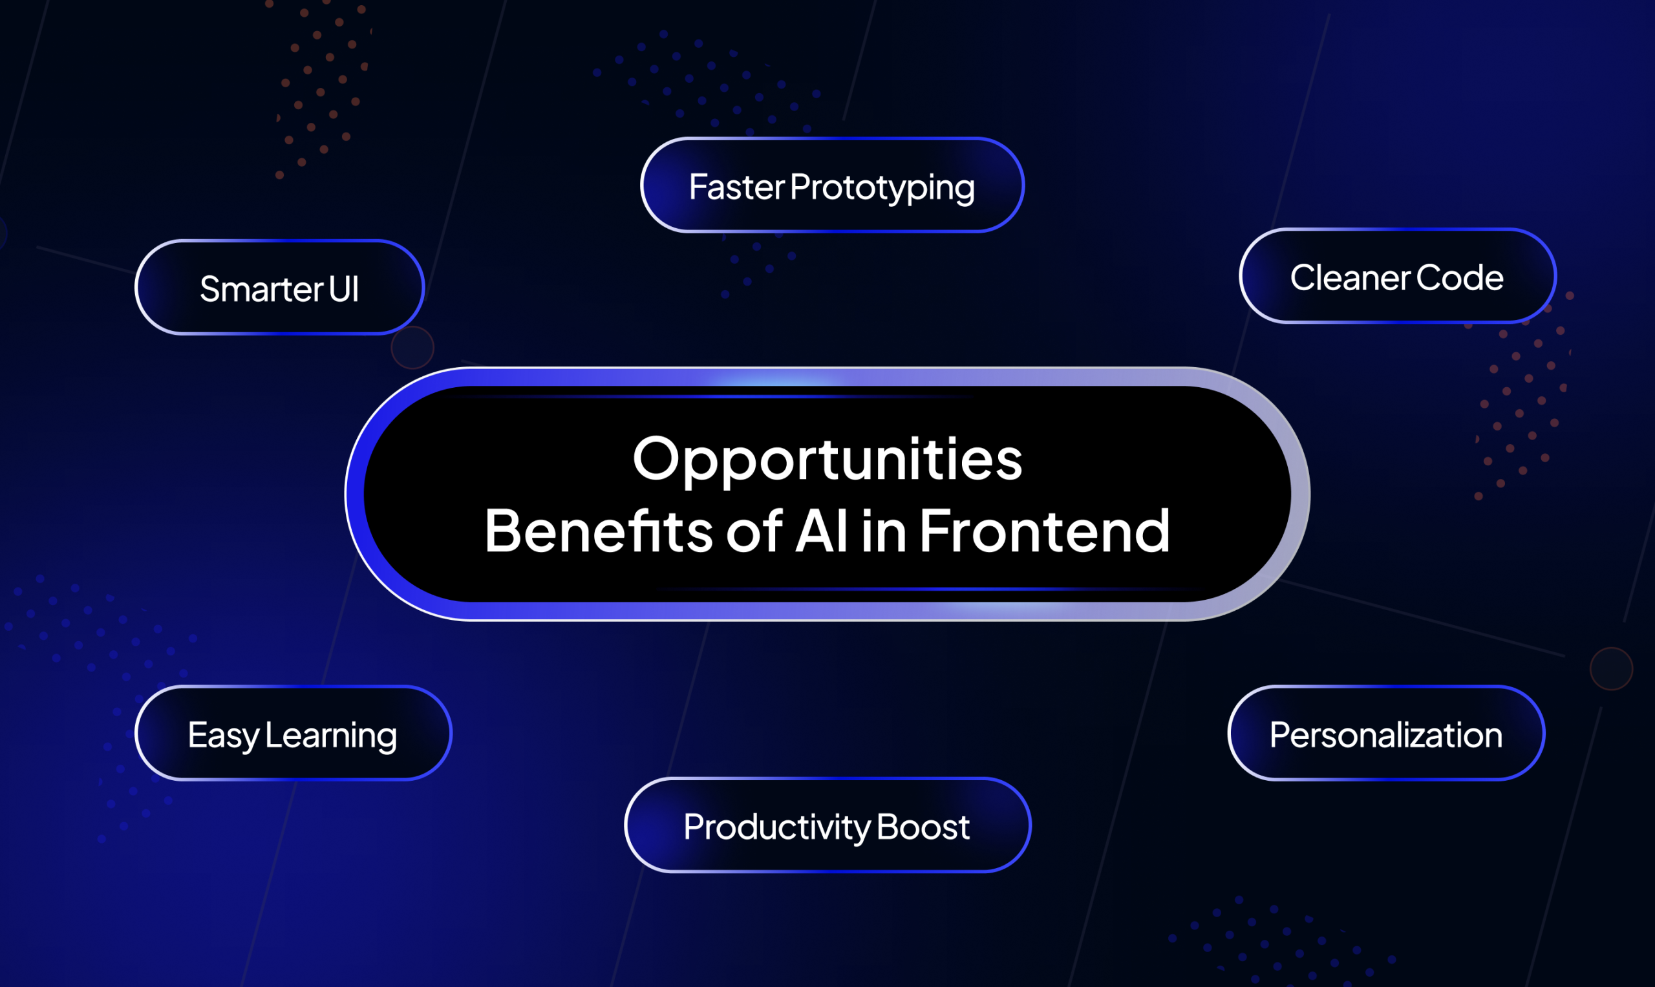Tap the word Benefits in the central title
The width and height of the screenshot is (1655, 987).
(599, 531)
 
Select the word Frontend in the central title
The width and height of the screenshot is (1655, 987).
(1044, 531)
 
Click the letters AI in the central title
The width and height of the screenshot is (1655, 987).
(822, 531)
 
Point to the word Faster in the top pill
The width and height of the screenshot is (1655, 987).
(736, 187)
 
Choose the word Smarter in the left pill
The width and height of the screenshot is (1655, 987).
(261, 290)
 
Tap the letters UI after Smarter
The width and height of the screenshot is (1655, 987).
(344, 290)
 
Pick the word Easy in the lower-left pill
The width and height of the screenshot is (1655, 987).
(223, 736)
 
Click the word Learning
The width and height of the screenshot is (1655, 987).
(330, 736)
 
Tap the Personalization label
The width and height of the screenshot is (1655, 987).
(1385, 735)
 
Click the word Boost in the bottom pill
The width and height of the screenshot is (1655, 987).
(923, 827)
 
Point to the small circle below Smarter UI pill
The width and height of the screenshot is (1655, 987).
(412, 347)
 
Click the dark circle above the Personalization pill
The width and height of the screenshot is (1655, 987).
(1611, 668)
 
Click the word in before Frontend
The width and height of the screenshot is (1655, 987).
(884, 531)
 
